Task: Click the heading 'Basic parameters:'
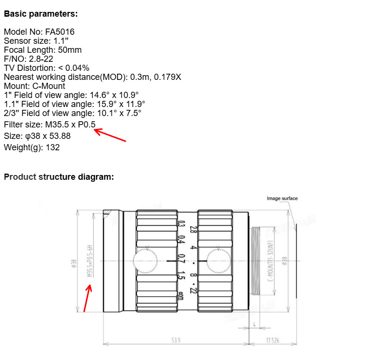[x=40, y=14]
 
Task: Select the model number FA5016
[x=60, y=32]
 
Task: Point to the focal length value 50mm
[x=69, y=50]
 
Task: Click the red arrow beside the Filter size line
[x=110, y=135]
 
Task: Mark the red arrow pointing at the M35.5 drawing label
[x=87, y=297]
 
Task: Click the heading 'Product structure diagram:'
[x=59, y=177]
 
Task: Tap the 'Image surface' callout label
[x=282, y=198]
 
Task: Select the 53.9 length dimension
[x=176, y=340]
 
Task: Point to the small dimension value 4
[x=255, y=325]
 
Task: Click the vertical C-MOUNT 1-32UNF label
[x=269, y=261]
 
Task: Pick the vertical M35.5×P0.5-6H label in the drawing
[x=88, y=261]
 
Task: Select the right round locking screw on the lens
[x=218, y=261]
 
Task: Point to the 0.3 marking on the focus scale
[x=181, y=224]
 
